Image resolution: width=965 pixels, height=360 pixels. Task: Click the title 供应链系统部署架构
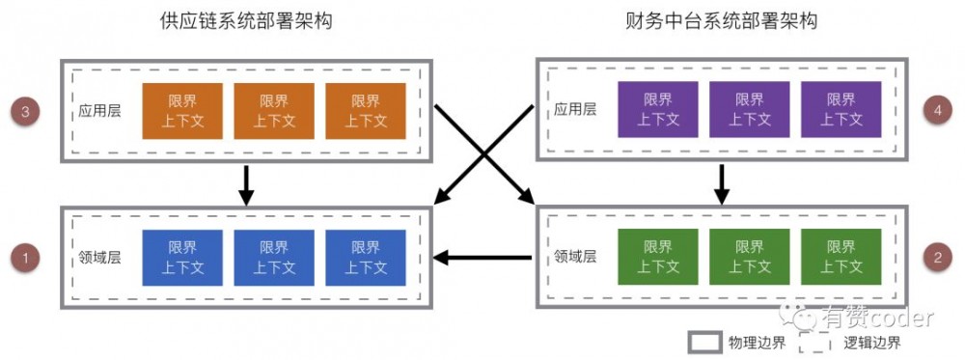coord(246,21)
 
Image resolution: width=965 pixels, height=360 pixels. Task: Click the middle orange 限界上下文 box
coord(274,111)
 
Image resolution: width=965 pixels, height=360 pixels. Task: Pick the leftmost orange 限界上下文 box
coord(182,111)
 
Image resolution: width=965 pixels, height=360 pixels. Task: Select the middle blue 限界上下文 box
coord(274,258)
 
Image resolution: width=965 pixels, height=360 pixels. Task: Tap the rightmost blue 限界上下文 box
coord(366,258)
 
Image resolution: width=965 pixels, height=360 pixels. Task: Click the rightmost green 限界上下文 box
coord(841,258)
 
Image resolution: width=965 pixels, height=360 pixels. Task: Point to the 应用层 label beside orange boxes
coord(99,111)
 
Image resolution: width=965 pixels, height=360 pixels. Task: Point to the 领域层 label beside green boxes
coord(575,258)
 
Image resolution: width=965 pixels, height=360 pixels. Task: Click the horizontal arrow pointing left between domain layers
coord(482,258)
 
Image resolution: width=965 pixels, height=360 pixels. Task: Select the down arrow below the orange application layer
coord(246,184)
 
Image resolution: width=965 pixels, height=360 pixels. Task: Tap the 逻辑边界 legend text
coord(872,343)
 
